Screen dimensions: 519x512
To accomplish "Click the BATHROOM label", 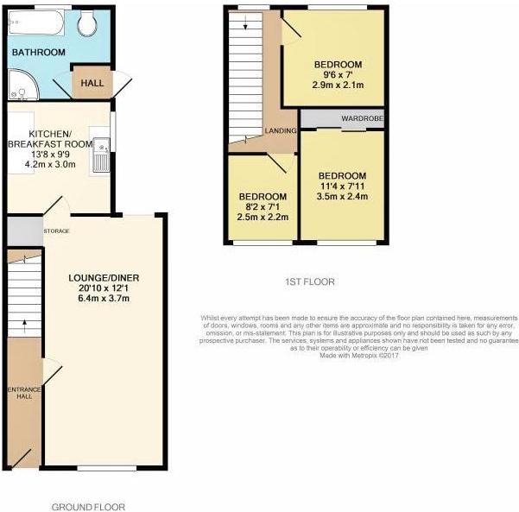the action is coord(38,53).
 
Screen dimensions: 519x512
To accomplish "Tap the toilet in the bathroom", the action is coord(87,22).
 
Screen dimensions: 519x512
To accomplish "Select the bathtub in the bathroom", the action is coord(36,22).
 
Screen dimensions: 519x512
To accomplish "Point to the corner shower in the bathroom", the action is coord(23,84).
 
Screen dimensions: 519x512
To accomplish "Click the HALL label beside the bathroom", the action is coord(92,83).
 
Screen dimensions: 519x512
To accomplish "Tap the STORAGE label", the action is coord(57,231).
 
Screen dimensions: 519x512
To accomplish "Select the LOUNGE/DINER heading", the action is coord(104,278).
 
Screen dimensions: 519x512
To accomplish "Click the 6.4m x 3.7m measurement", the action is coord(104,299).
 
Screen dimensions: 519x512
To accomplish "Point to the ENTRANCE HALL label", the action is coord(24,393).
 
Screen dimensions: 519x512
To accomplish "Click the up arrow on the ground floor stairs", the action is coord(24,326).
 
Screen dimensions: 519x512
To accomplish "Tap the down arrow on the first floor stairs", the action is coord(245,22).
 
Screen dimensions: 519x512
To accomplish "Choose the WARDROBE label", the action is coord(363,118).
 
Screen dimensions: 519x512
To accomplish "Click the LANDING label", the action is coord(281,130).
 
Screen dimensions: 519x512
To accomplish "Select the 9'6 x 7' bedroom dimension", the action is coord(338,75).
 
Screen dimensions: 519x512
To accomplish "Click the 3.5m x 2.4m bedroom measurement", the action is coord(342,197).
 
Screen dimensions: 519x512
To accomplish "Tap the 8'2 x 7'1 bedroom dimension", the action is coord(263,207).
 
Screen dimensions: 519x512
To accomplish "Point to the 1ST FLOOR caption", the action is coord(310,282).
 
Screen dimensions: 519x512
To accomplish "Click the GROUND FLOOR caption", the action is coord(88,507).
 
